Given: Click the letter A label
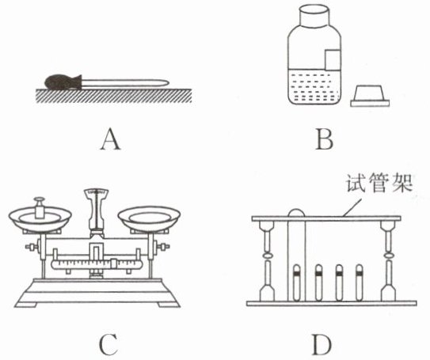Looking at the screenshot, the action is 110,139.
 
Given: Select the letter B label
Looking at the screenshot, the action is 325,139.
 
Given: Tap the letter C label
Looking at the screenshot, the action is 108,345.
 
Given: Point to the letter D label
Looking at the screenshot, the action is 322,345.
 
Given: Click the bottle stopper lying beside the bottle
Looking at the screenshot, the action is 370,96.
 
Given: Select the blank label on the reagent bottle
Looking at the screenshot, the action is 333,59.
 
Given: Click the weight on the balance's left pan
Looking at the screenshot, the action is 39,207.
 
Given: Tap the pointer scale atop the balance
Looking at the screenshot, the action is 96,192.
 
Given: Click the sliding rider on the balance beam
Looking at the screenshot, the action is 114,263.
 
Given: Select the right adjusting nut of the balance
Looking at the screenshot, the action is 161,247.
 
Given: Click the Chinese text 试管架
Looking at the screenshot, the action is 379,183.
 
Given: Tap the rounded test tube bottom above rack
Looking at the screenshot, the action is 296,212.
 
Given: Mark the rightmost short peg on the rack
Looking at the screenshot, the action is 359,282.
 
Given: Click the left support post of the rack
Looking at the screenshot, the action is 267,261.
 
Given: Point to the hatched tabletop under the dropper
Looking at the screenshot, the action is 114,96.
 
